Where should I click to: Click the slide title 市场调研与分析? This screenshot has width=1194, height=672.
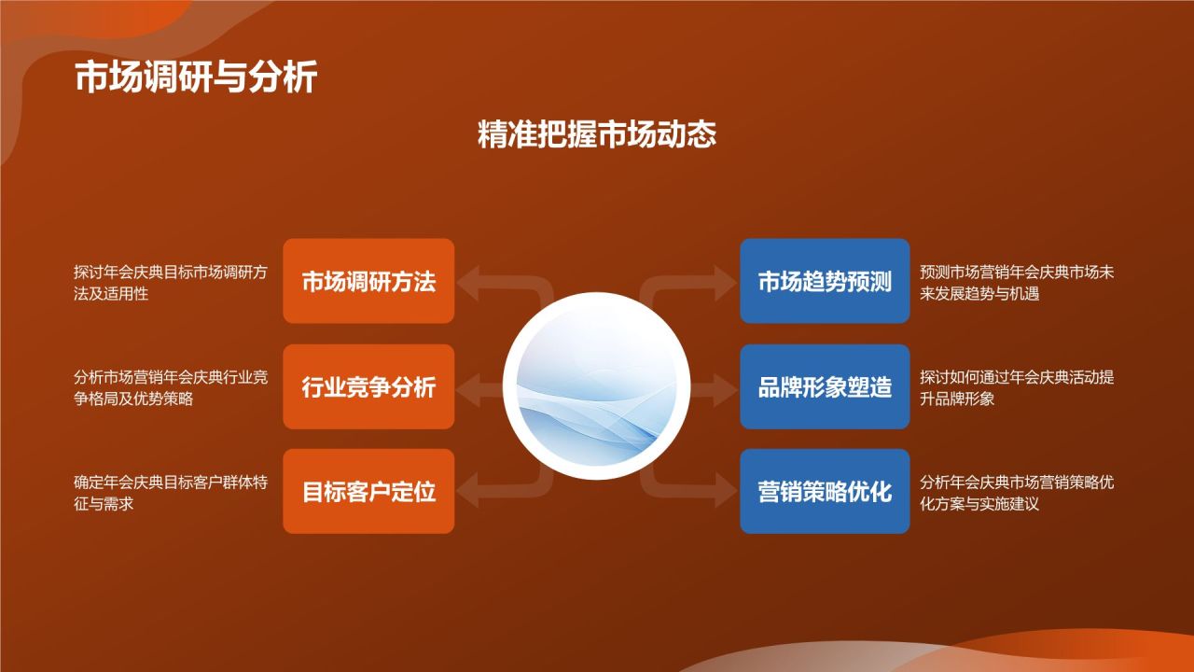(196, 78)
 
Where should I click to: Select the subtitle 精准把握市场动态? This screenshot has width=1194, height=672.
(597, 134)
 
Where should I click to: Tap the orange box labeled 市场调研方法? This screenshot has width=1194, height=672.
(368, 281)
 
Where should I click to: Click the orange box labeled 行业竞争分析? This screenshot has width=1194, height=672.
(368, 386)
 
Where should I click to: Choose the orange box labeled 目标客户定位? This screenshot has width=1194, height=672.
(368, 491)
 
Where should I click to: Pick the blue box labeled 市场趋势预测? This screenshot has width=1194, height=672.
(825, 281)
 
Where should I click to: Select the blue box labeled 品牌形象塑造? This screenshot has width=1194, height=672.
(825, 386)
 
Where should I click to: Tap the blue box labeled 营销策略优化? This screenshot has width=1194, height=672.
(825, 491)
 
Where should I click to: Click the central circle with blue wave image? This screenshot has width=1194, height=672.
(597, 386)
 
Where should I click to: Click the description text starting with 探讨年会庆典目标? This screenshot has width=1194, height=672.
(171, 283)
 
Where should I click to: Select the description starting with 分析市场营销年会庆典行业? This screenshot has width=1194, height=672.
(171, 387)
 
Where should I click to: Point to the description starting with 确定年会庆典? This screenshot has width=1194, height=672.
(171, 493)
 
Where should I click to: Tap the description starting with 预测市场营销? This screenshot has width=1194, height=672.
(1017, 283)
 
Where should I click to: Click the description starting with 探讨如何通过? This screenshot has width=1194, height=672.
(1017, 387)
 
